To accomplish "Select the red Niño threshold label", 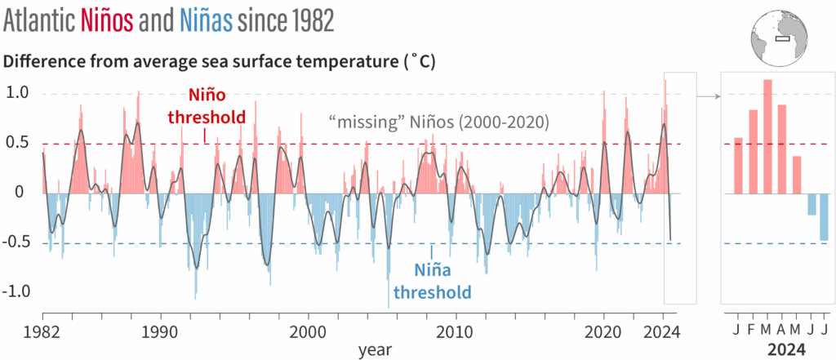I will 217,106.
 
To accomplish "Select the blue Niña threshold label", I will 432,280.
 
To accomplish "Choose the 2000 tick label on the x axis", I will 309,331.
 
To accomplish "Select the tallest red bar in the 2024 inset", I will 767,137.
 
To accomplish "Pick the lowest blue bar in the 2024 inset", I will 824,217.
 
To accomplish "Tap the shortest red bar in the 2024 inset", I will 797,175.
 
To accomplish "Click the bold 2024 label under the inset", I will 781,349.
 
